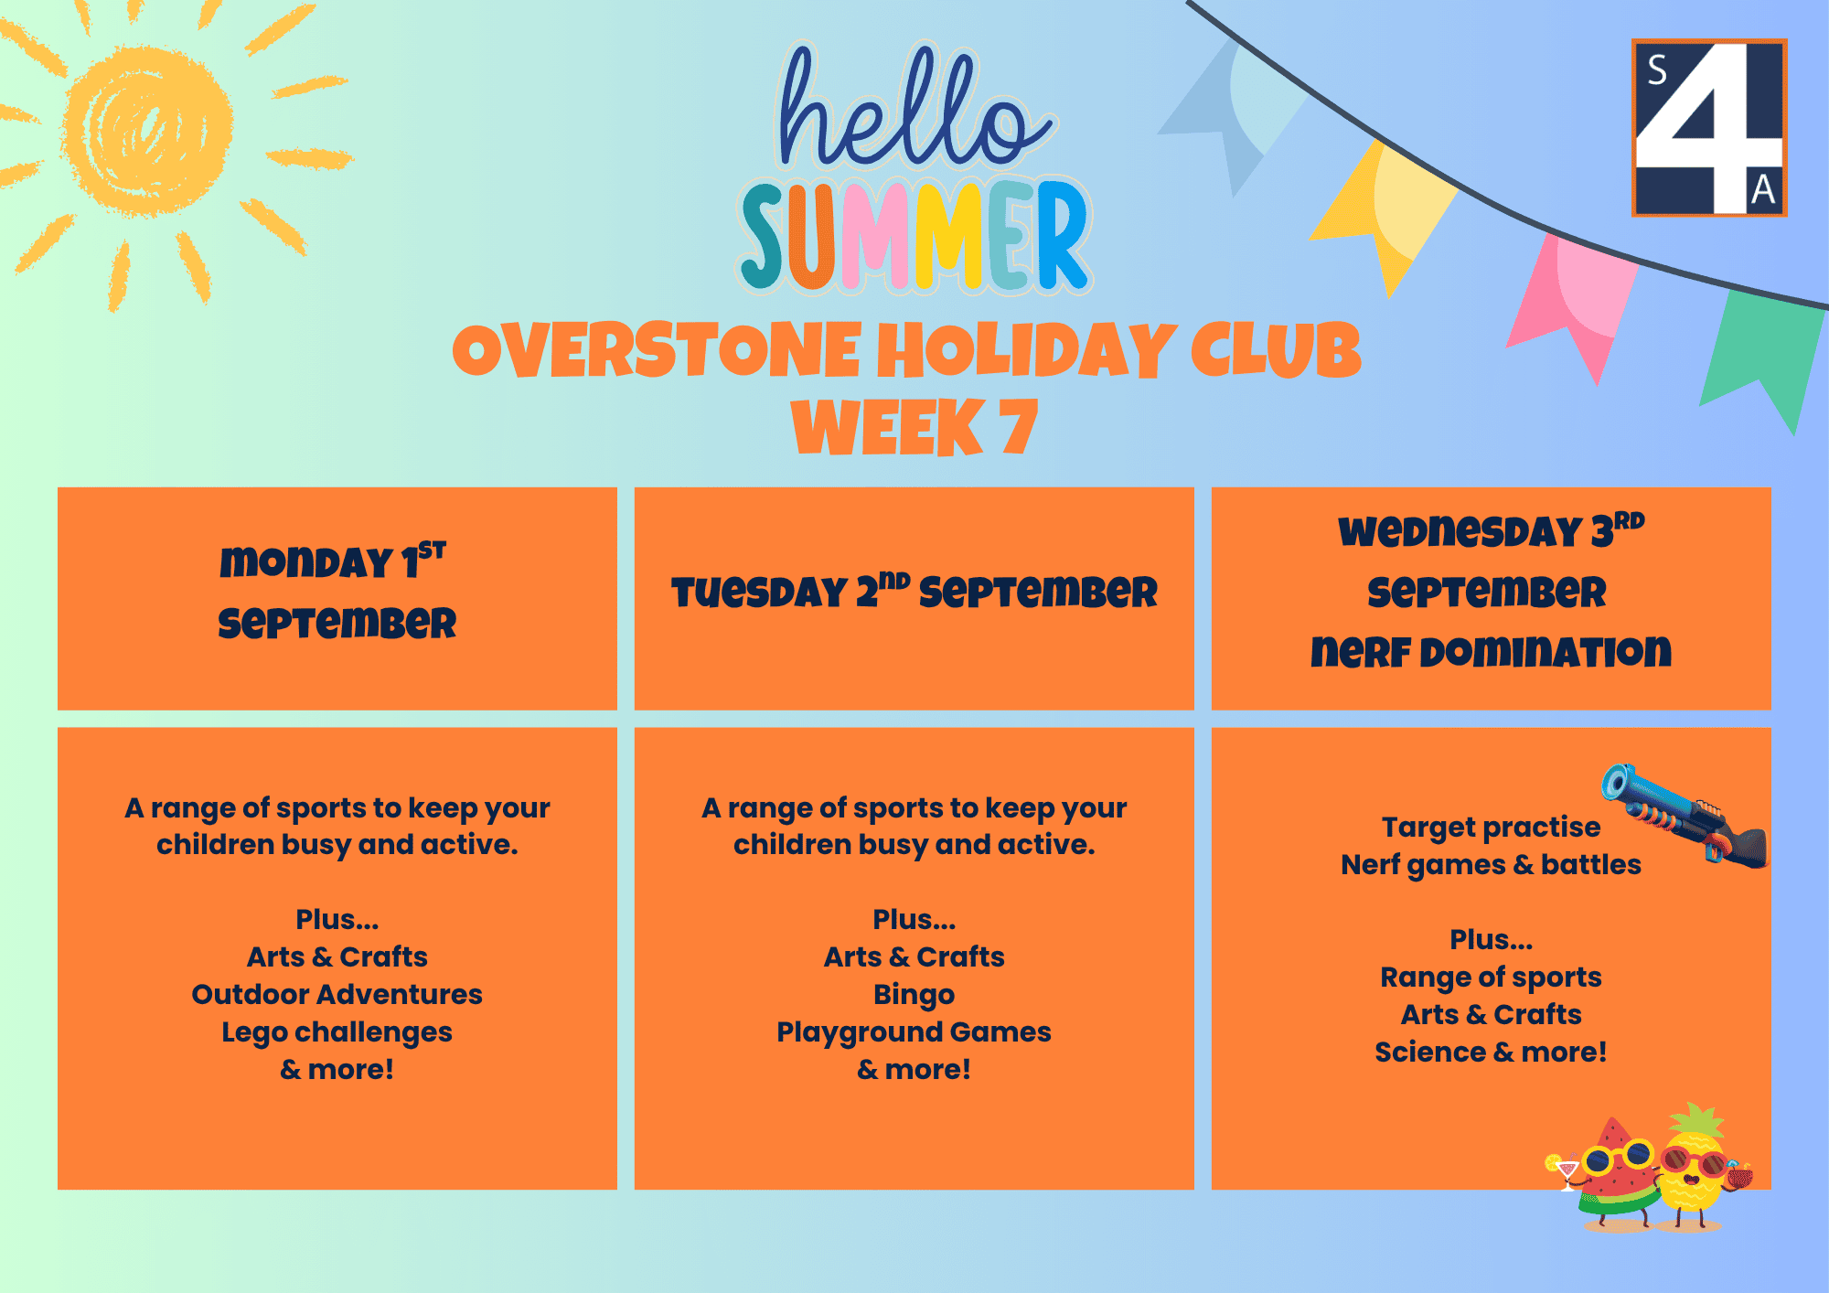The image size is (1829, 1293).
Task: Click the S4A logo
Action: [1708, 128]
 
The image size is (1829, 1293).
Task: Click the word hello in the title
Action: [914, 108]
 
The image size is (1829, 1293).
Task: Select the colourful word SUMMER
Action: [914, 236]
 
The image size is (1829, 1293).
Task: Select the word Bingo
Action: [914, 994]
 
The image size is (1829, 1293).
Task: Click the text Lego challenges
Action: [337, 1032]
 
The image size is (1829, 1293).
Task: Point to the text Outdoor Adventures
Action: [337, 994]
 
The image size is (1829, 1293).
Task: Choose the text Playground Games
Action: [914, 1032]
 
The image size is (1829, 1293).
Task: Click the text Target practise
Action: [1491, 828]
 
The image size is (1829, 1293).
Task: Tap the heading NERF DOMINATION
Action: [1491, 652]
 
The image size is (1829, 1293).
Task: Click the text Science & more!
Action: [1491, 1053]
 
